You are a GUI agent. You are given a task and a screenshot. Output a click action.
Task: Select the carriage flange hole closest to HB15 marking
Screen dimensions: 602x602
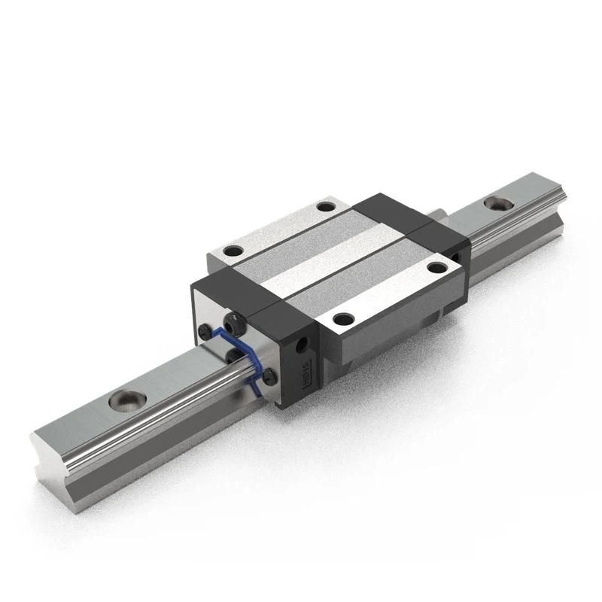point(341,318)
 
